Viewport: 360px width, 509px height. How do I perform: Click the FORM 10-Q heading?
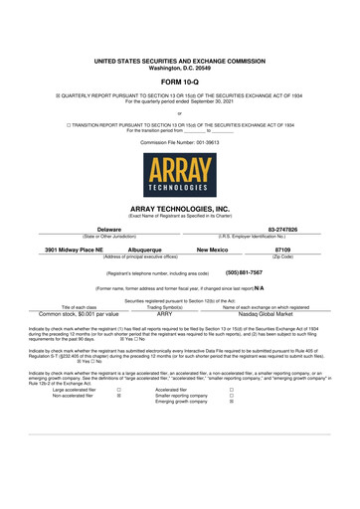(x=180, y=83)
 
